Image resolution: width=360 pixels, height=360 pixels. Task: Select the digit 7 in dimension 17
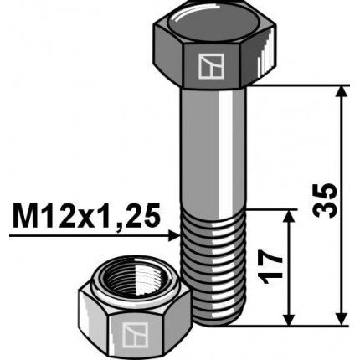[270, 257]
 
